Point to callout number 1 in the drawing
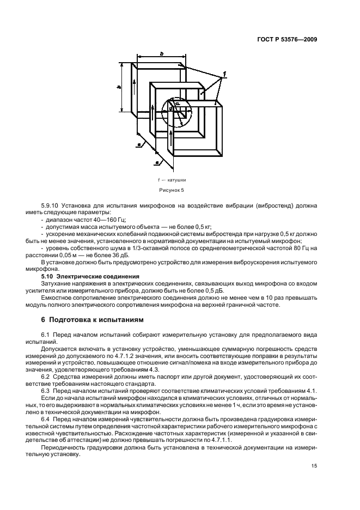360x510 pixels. [224, 72]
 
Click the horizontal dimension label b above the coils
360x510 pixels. [161, 53]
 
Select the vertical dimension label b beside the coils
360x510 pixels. [119, 87]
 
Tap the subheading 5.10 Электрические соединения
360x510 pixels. [92, 277]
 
